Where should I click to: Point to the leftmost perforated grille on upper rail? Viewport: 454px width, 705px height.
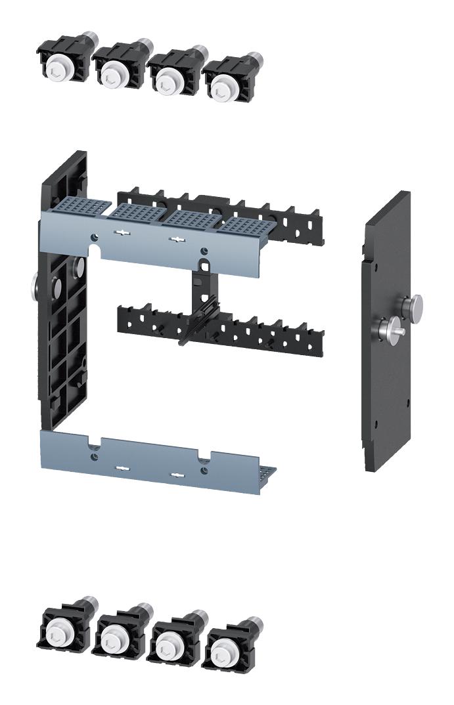(86, 206)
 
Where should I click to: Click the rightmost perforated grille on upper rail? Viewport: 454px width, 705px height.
(244, 226)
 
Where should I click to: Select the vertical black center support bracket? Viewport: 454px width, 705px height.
(200, 295)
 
